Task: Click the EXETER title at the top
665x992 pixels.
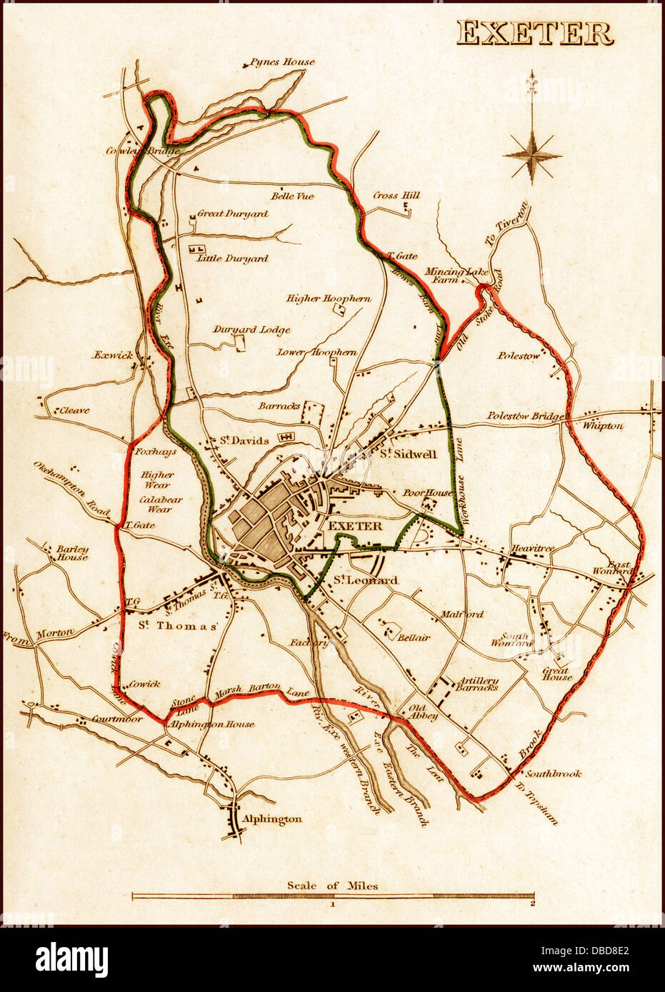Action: point(534,33)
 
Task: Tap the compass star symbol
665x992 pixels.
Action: point(532,155)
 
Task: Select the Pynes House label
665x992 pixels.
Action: point(281,62)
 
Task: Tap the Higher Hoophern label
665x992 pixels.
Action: point(329,298)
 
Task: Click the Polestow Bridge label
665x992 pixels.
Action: point(526,416)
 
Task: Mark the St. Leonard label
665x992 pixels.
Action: point(365,581)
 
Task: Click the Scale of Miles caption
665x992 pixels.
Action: point(332,886)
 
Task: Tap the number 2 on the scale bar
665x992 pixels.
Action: point(532,904)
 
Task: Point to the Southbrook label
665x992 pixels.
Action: point(554,773)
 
